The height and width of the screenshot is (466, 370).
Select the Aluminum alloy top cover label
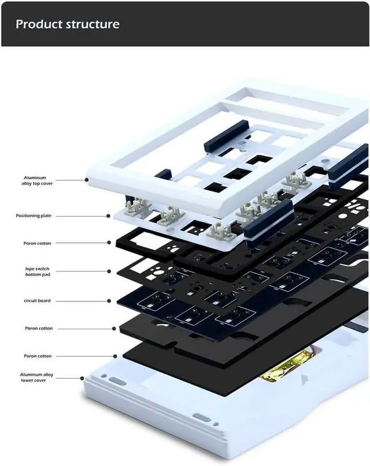click(x=35, y=181)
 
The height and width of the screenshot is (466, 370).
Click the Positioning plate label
click(x=34, y=215)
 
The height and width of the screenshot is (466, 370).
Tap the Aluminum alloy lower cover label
click(x=36, y=378)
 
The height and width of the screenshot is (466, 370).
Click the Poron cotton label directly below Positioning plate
click(x=37, y=243)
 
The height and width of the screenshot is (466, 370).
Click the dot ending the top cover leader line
click(x=86, y=180)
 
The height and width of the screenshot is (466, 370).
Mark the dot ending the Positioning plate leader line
click(x=108, y=216)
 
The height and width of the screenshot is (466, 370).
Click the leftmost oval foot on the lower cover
click(x=117, y=381)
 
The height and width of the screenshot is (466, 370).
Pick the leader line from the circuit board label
click(x=87, y=301)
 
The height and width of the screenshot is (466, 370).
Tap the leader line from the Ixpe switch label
click(x=87, y=270)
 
